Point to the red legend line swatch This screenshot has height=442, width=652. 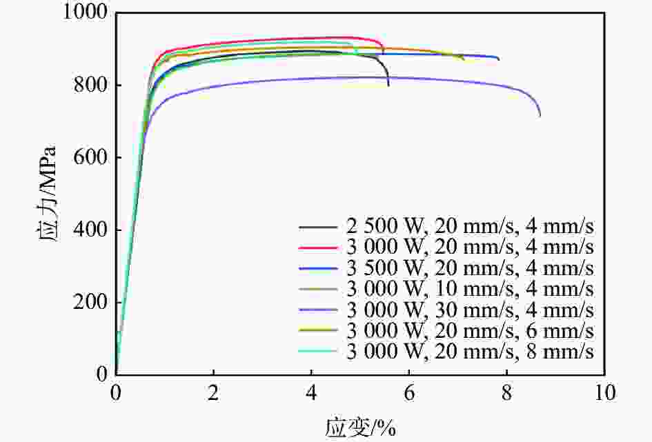(317, 248)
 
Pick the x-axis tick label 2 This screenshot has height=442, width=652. (214, 392)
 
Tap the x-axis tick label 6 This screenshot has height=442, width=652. (409, 392)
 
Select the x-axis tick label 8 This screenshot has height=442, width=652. (507, 392)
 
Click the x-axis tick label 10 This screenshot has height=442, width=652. (604, 392)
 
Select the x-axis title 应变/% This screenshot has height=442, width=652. (360, 427)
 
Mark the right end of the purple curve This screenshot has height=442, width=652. (540, 115)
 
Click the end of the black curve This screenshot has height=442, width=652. (388, 86)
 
